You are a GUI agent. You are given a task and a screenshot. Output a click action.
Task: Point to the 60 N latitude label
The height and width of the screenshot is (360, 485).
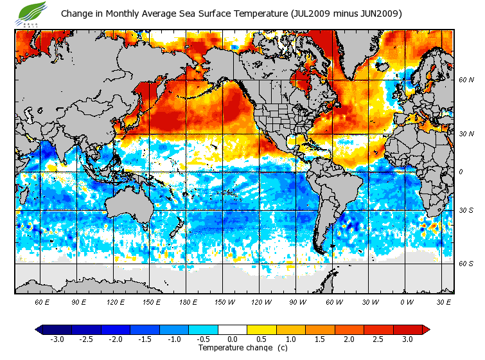466,80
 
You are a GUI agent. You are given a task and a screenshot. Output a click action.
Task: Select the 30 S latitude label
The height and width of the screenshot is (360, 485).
466,211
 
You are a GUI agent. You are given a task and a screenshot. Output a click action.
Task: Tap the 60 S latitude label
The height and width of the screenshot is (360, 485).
466,264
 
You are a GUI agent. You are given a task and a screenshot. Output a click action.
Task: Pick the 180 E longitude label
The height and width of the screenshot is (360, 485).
188,301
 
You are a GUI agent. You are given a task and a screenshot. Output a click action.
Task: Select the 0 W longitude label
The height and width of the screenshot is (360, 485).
407,301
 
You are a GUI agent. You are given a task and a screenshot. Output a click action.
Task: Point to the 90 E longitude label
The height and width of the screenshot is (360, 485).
79,301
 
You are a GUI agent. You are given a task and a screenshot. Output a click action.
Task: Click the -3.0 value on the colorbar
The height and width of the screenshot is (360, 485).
57,339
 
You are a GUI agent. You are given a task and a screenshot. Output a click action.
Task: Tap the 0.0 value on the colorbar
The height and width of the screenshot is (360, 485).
233,339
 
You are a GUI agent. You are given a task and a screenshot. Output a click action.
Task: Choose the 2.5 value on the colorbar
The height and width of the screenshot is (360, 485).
378,339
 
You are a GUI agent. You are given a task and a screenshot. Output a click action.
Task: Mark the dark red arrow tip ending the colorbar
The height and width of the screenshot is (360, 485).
425,329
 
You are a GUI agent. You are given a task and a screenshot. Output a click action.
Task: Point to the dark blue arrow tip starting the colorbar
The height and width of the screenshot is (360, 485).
40,329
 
